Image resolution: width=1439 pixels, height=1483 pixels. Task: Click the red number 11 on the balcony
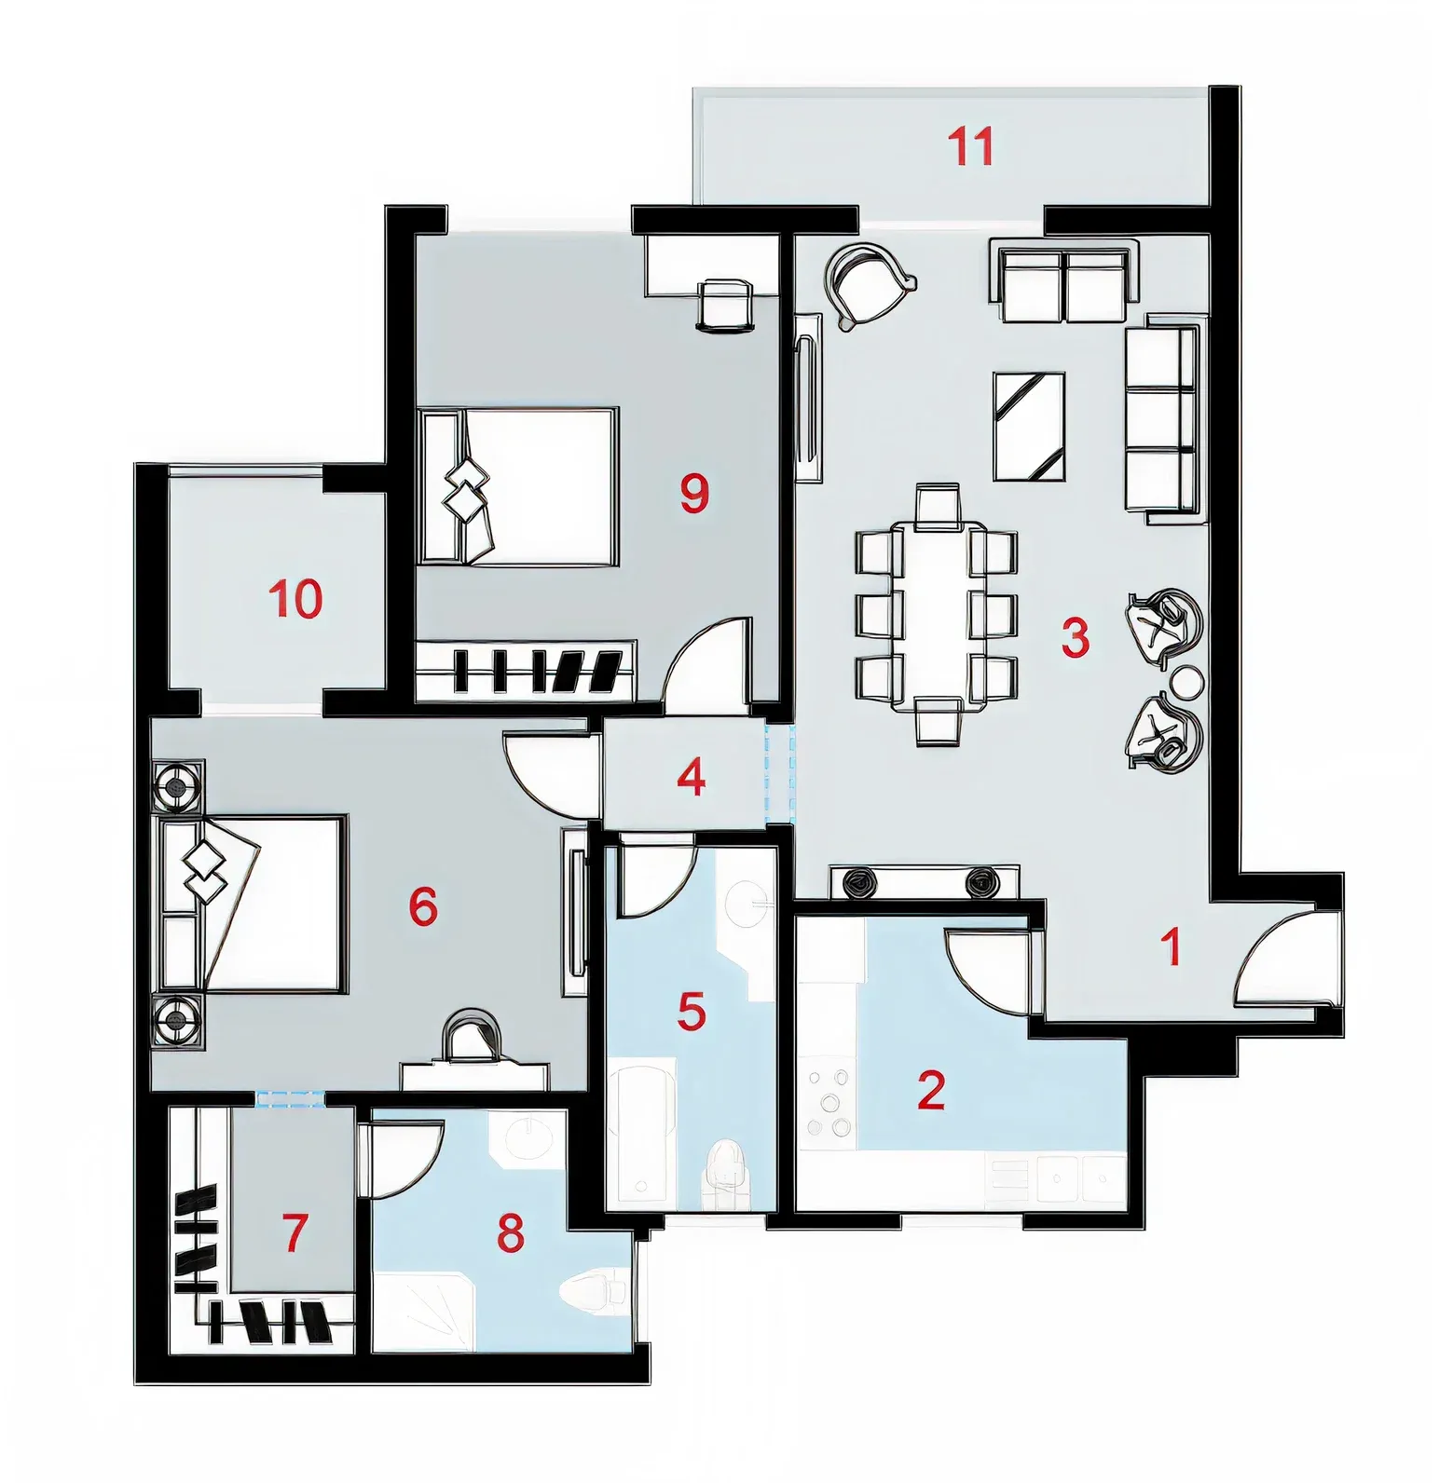[970, 147]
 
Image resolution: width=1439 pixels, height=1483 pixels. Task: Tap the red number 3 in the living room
[1075, 638]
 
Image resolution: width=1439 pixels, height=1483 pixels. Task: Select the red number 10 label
[296, 598]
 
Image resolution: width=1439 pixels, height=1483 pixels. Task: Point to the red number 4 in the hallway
[691, 778]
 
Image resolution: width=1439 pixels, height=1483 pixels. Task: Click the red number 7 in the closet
[295, 1231]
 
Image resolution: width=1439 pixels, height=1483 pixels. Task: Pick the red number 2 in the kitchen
[931, 1090]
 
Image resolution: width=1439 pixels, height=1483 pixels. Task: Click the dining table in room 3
[937, 615]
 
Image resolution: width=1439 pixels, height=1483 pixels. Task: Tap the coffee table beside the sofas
[1029, 426]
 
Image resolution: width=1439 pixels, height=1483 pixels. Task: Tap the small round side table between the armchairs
[1187, 683]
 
